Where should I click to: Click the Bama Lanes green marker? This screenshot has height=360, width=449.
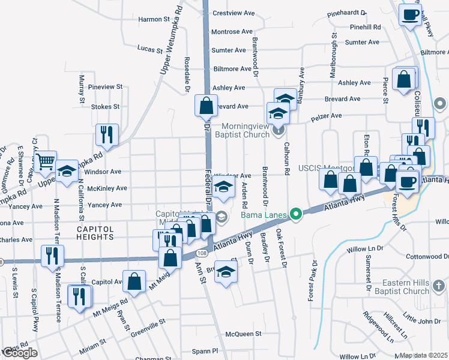[295, 214]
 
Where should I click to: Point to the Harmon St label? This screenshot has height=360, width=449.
[155, 19]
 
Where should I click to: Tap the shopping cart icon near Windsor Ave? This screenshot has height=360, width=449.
[46, 161]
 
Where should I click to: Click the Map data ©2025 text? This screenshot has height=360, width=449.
[424, 355]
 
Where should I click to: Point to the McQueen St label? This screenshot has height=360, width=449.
[244, 334]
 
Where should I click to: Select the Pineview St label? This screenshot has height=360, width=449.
[105, 87]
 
